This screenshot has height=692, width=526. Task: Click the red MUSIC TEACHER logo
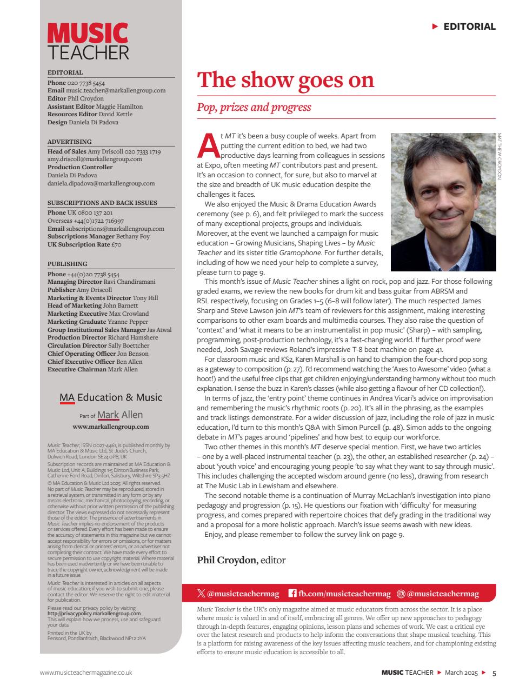point(88,41)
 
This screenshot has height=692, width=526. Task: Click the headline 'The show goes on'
point(285,80)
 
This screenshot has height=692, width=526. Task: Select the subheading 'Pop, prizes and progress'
point(254,107)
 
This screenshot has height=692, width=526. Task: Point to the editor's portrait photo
point(443,202)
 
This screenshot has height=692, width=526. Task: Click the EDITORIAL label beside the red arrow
point(469,26)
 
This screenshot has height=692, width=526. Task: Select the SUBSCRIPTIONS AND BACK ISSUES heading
point(102,203)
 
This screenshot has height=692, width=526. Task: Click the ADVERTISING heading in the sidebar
point(69,142)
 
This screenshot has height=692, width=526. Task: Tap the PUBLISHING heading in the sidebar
point(67,264)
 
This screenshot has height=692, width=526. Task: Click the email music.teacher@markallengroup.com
point(116,91)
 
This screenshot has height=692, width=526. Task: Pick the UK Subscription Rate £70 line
point(84,244)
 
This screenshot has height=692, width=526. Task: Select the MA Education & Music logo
point(111,397)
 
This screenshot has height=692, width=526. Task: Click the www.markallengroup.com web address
point(111,426)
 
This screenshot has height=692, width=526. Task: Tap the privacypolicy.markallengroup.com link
point(94,614)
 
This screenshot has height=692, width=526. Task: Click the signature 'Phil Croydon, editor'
point(241,560)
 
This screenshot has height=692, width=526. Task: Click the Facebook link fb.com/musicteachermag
point(339,594)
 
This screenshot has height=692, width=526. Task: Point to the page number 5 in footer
point(494,673)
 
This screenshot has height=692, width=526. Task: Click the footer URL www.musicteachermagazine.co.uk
point(86,673)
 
